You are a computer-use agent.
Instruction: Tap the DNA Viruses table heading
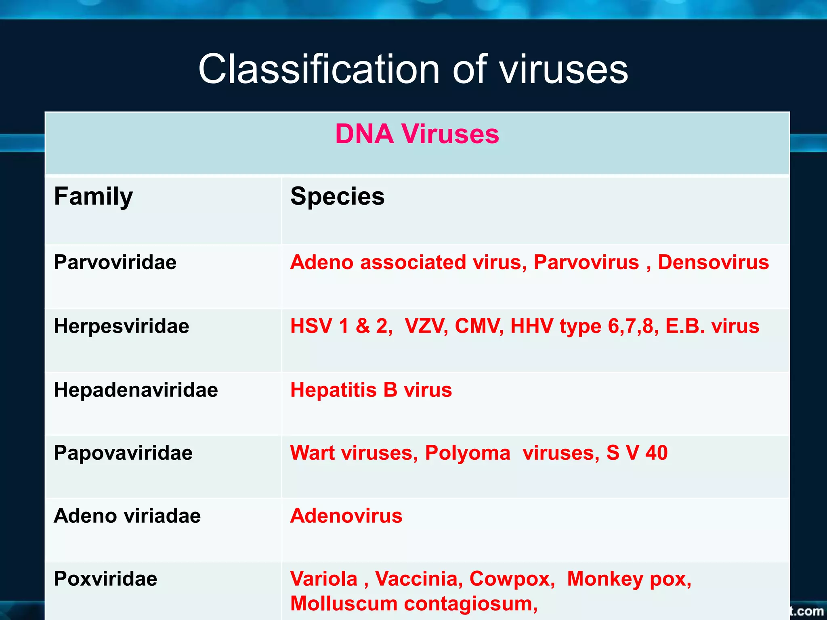[417, 134]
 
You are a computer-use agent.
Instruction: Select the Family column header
[93, 197]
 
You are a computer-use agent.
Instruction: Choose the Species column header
[337, 197]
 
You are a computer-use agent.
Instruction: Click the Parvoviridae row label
[115, 262]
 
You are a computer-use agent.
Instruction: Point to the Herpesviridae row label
[121, 326]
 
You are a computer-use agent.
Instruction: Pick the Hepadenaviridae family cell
[136, 390]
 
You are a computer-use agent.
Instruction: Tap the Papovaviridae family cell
[123, 453]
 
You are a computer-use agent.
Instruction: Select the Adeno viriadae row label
[127, 516]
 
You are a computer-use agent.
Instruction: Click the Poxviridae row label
[105, 579]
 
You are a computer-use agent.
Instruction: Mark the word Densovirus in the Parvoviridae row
[713, 262]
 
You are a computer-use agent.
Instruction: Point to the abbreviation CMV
[479, 326]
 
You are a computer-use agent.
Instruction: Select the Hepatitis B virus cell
[371, 390]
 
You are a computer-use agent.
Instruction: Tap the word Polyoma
[468, 453]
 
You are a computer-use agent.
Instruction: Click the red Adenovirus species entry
[346, 516]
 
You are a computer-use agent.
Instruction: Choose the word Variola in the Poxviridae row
[324, 579]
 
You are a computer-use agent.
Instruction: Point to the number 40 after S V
[656, 453]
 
